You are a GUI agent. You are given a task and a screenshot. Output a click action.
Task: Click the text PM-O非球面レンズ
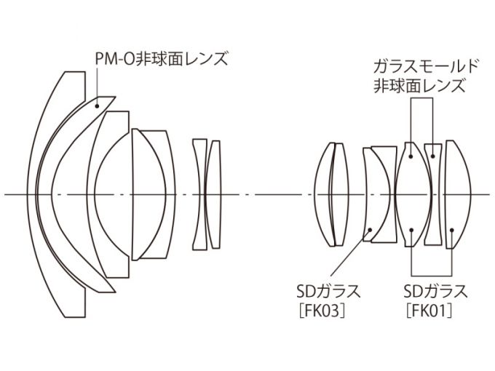(162, 59)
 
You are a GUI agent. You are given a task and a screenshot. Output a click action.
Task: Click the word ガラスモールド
(426, 67)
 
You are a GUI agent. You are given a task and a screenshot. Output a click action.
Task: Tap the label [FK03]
(321, 311)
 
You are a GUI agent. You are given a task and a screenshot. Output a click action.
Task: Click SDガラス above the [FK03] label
(328, 291)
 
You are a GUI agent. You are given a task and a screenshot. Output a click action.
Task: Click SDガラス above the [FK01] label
(435, 291)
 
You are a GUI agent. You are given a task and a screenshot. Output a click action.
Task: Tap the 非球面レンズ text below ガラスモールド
(420, 86)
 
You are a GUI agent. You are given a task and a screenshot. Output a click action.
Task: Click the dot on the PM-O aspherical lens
(98, 106)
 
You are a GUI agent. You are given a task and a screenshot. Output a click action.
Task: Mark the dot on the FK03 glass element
(371, 229)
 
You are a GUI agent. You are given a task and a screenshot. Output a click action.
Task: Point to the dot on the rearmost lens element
(452, 229)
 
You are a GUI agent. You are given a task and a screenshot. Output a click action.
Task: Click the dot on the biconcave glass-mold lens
(433, 156)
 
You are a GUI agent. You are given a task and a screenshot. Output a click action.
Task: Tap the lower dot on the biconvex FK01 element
(411, 229)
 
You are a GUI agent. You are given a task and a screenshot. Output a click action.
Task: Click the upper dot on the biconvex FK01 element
(411, 156)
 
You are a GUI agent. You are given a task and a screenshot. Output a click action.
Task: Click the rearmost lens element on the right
(458, 194)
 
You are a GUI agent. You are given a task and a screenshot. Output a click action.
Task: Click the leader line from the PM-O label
(97, 86)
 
